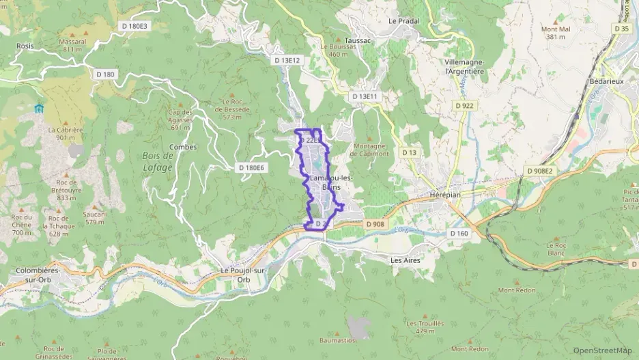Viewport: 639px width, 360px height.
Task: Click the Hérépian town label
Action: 446,194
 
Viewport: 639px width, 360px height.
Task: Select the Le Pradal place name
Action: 403,21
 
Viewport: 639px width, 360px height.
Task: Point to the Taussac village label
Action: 357,40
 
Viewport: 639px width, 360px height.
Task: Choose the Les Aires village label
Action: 406,260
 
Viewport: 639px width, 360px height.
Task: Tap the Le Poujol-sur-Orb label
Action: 244,275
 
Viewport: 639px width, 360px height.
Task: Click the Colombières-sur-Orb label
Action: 38,275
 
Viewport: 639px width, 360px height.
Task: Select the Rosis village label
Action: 25,46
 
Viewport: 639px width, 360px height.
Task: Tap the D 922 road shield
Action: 466,105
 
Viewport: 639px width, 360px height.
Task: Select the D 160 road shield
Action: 459,233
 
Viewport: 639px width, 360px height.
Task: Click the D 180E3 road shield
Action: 133,26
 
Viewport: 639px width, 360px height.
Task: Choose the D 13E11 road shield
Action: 365,97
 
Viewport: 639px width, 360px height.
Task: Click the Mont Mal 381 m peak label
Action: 555,33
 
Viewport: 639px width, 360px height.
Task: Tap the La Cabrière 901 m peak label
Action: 61,133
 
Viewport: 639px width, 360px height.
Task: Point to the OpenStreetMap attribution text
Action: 602,350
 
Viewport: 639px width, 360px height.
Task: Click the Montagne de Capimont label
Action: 369,150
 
